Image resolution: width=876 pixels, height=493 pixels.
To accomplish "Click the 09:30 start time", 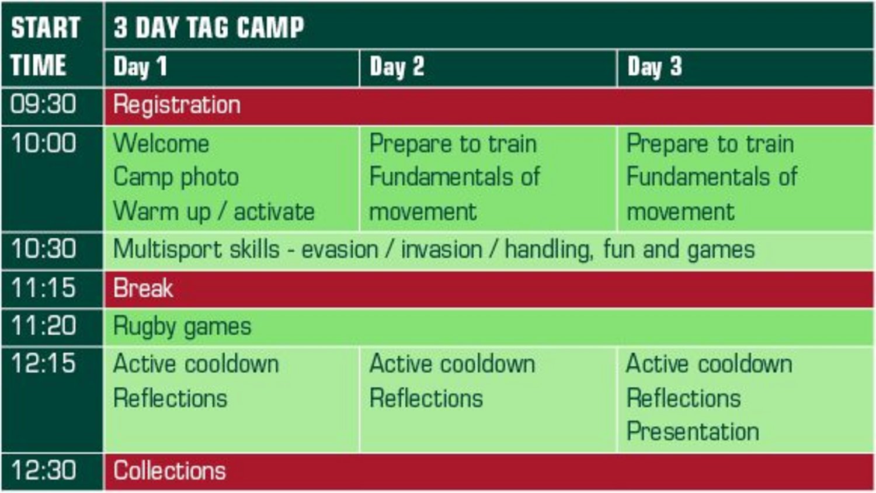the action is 43,105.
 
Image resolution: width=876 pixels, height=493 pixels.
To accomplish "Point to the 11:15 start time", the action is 43,287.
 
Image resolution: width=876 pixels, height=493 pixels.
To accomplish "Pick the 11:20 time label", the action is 43,325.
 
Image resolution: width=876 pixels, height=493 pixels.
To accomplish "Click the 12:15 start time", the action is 43,363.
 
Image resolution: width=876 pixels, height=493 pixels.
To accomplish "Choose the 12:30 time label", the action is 43,470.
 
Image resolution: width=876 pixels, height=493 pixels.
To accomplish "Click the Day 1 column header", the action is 140,67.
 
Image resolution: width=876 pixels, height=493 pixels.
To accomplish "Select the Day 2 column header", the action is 397,67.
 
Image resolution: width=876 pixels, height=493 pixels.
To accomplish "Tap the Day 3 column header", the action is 655,67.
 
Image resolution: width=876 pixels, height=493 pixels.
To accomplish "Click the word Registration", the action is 177,106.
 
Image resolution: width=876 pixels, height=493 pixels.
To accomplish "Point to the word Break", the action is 143,288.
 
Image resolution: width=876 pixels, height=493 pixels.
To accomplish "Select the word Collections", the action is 170,470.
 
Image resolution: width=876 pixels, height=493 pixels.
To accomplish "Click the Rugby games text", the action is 182,327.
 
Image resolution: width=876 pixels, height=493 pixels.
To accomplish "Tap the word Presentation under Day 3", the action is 693,431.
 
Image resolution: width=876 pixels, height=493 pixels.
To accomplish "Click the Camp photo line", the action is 176,178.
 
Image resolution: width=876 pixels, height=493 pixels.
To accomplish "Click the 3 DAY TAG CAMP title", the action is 209,27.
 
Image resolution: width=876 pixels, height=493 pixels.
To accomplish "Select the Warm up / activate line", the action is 214,212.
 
